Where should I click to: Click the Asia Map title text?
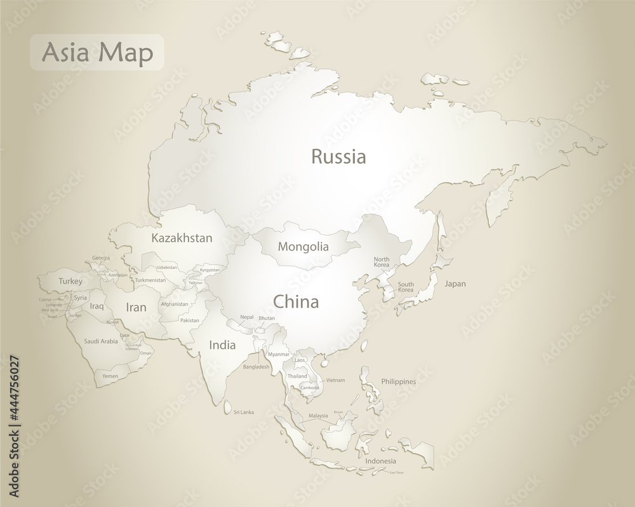tap(97, 53)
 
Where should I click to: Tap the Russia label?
tap(338, 157)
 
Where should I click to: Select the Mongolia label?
tap(304, 247)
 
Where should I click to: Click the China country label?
tap(296, 301)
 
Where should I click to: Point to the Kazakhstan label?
tap(182, 239)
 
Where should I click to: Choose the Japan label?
tap(455, 284)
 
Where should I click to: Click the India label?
tap(222, 345)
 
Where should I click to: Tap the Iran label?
tap(136, 307)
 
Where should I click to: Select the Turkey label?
tap(70, 281)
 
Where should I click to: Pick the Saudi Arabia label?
tap(101, 341)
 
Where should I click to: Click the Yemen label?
tap(110, 376)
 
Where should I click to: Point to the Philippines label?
tap(399, 381)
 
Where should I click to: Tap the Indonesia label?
tap(380, 461)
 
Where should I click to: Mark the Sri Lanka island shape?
tap(227, 410)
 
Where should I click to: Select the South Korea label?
tap(405, 287)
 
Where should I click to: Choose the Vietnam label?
tap(335, 380)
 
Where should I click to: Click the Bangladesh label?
tap(256, 367)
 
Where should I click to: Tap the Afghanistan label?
tap(175, 304)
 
